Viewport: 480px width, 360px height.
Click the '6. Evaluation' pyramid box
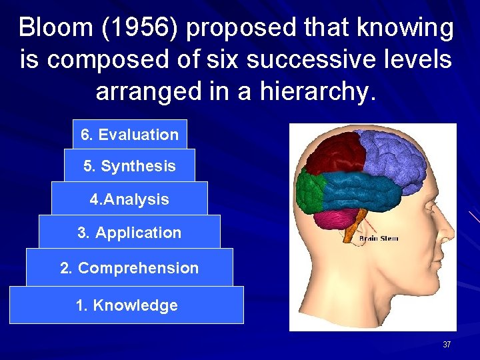coord(129,134)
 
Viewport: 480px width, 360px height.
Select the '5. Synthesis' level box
coord(129,165)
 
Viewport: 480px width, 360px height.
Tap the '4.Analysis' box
coord(129,199)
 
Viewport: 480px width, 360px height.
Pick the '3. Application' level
coord(129,232)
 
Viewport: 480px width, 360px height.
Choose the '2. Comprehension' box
coord(129,267)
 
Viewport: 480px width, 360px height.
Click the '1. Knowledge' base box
coord(127,305)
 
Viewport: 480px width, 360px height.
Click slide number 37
coord(447,345)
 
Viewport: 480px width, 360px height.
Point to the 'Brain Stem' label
coord(379,238)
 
